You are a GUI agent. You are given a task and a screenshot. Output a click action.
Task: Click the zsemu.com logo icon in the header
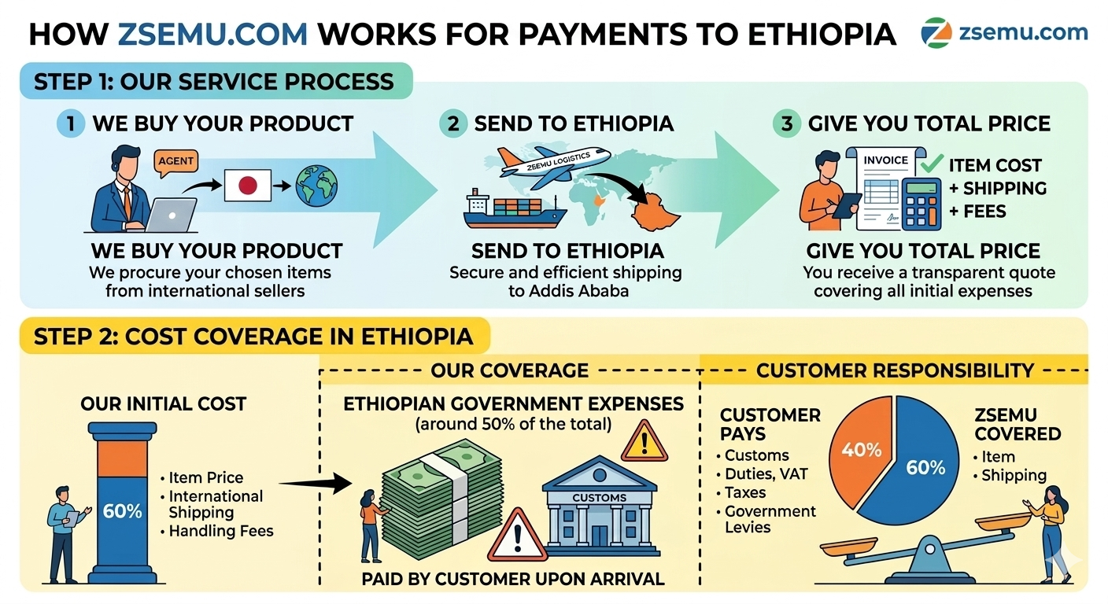click(936, 32)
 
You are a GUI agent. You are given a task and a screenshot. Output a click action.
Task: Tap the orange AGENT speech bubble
click(175, 160)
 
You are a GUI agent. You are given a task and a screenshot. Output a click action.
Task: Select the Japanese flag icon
click(247, 186)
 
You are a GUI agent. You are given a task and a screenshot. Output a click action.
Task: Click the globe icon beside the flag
click(316, 185)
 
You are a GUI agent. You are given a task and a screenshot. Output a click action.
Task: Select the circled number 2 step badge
click(453, 123)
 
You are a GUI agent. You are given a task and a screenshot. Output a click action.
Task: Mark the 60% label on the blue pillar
click(122, 511)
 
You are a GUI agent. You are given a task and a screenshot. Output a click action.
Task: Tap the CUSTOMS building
click(600, 507)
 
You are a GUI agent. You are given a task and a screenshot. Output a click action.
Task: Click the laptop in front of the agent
click(172, 215)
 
